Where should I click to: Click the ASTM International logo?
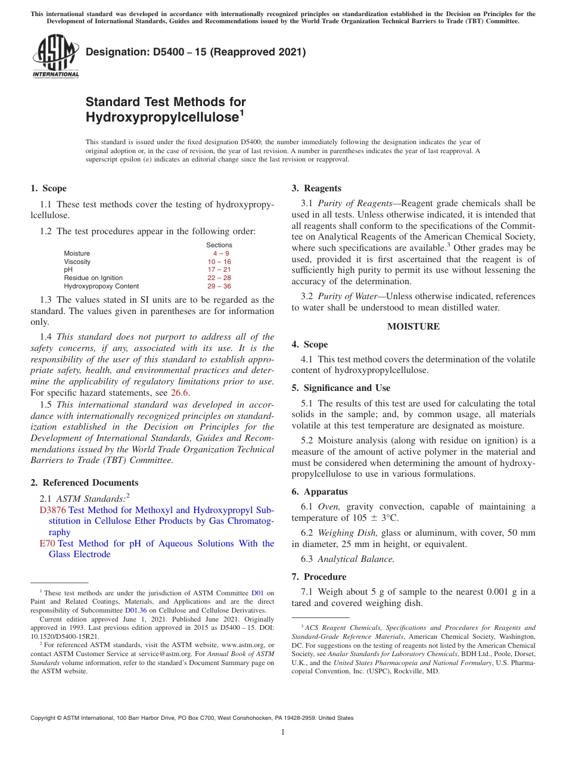55,57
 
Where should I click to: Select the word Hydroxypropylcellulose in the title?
162,117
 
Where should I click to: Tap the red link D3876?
52,510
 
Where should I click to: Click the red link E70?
47,543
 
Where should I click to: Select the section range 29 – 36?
219,286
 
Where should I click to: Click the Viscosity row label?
77,262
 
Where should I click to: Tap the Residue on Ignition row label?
93,278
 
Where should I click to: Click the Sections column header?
219,245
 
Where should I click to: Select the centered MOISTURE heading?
413,327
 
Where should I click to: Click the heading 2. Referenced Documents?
84,483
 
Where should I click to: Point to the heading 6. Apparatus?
319,492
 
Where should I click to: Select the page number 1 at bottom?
283,732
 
